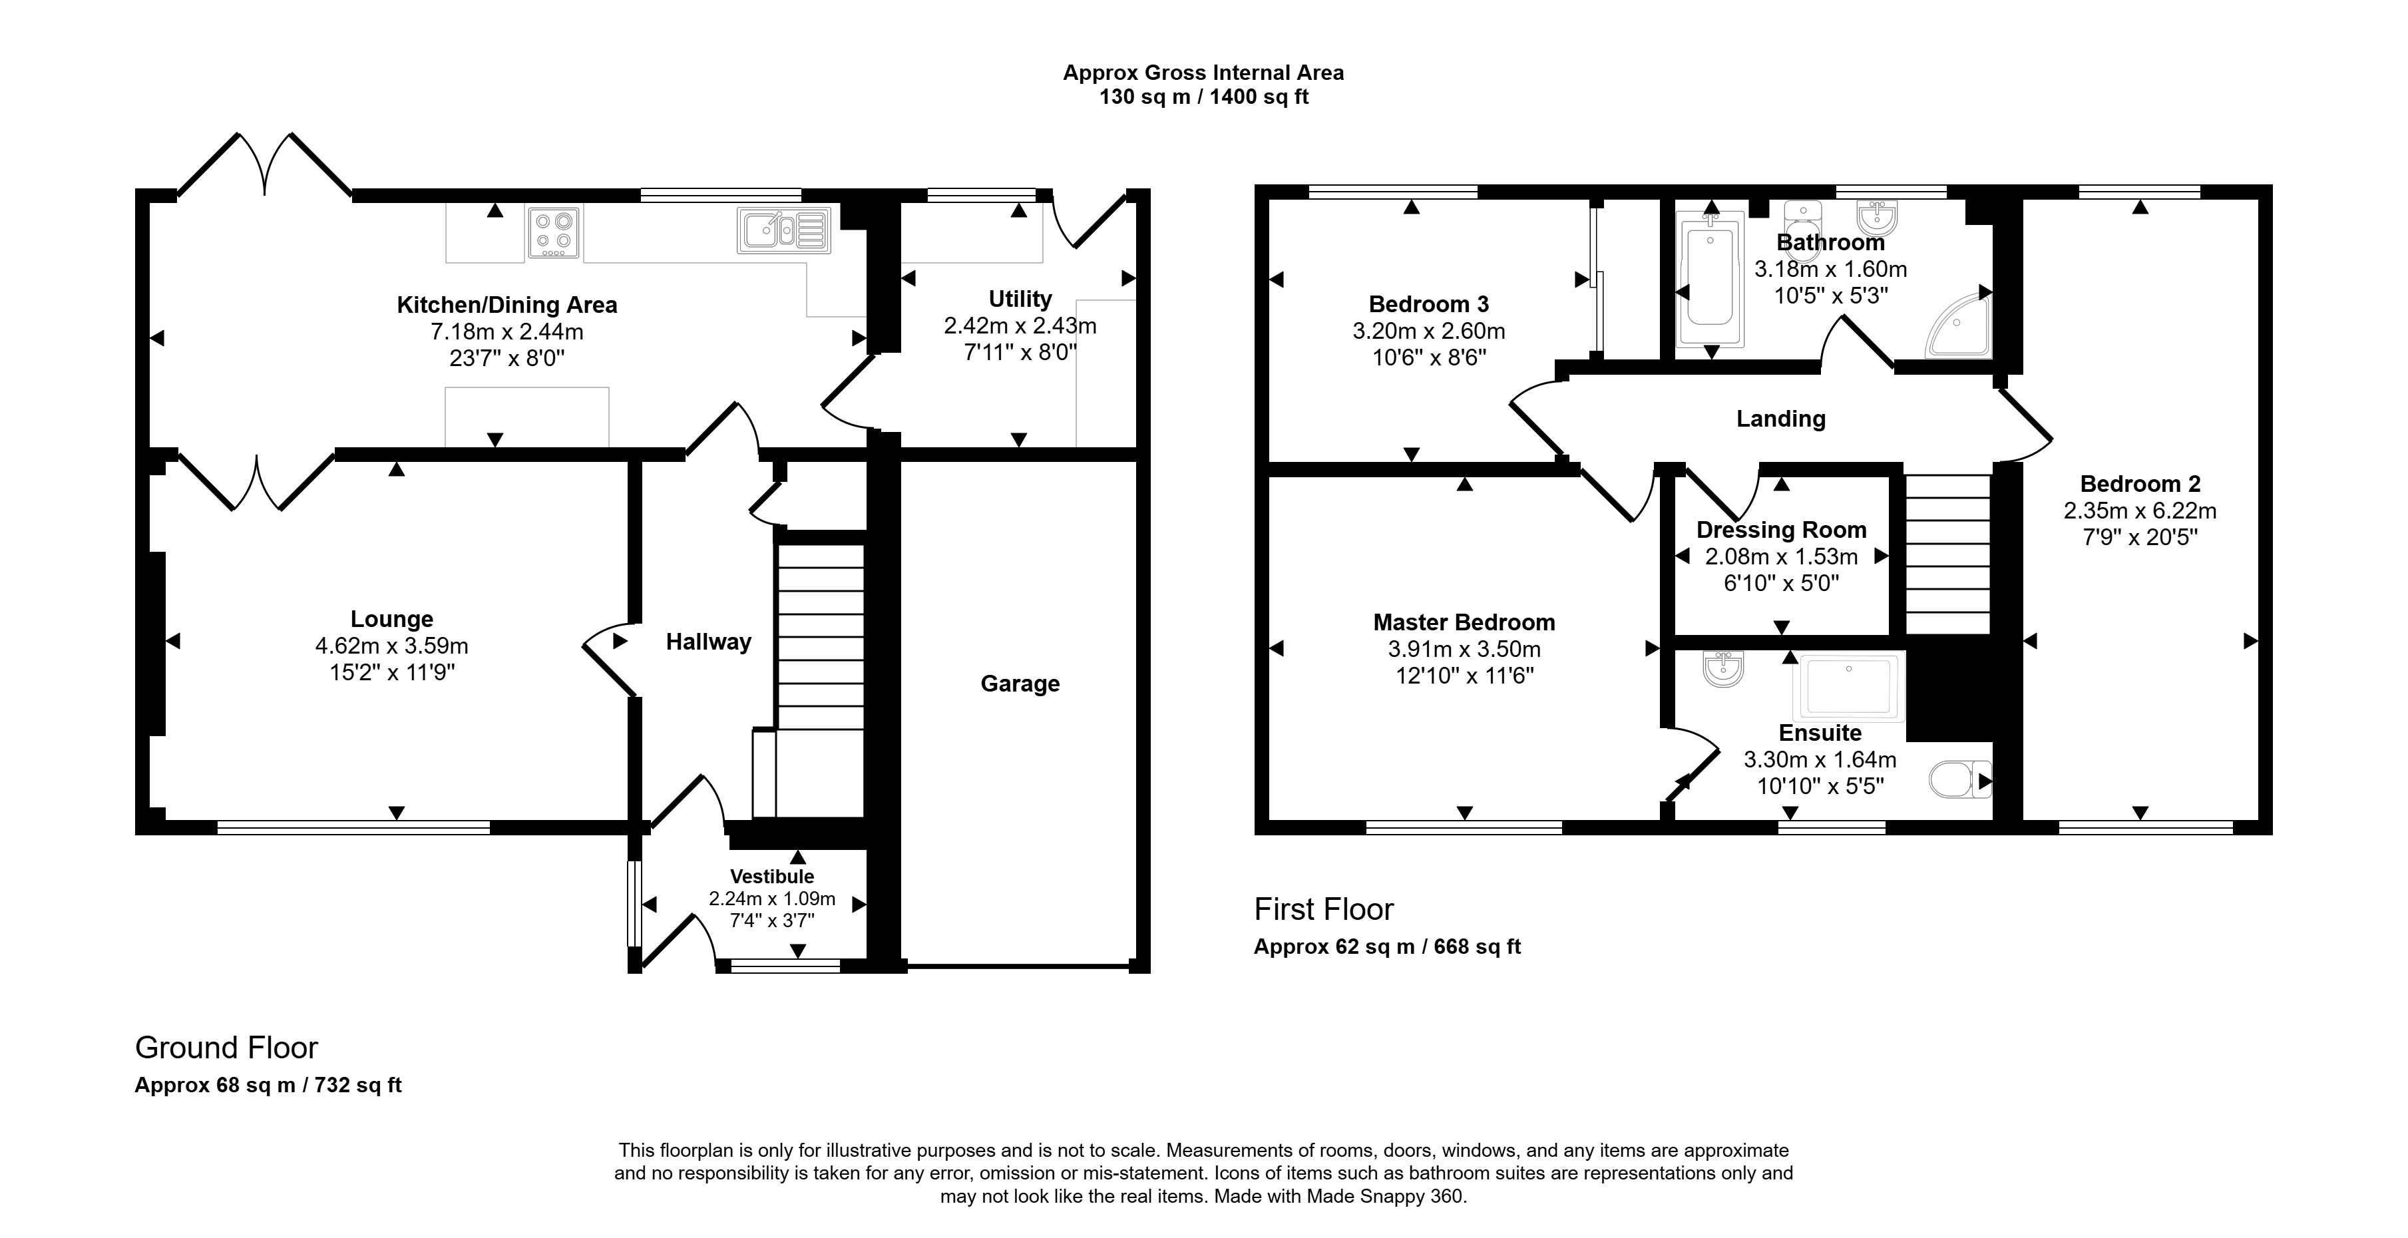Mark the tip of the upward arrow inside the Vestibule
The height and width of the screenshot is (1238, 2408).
pyautogui.click(x=797, y=850)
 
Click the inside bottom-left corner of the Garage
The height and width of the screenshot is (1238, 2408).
pyautogui.click(x=901, y=963)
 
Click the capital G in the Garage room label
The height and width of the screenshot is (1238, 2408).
pyautogui.click(x=988, y=684)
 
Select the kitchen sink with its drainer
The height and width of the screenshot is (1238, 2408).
pyautogui.click(x=783, y=230)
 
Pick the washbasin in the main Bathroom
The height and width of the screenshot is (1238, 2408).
pyautogui.click(x=1876, y=218)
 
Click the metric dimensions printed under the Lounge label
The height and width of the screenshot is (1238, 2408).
pyautogui.click(x=391, y=645)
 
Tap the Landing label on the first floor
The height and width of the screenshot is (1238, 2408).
pyautogui.click(x=1781, y=419)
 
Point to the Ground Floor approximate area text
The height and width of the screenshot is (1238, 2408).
pyautogui.click(x=268, y=1085)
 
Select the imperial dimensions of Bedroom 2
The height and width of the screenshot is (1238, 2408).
pyautogui.click(x=2140, y=538)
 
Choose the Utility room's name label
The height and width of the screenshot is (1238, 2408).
pyautogui.click(x=1020, y=300)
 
